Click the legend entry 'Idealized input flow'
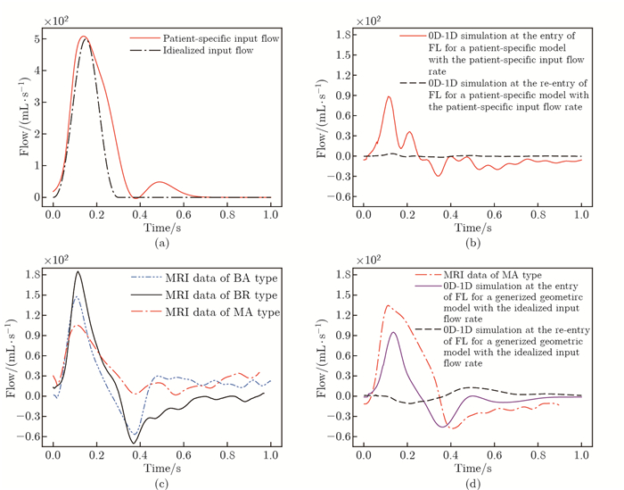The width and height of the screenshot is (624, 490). point(207,53)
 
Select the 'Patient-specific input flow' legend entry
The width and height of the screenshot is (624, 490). point(217,38)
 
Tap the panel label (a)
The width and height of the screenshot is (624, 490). point(161,242)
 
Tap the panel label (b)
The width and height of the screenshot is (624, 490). point(472,242)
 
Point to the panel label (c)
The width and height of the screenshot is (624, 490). point(161,483)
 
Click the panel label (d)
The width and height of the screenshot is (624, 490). point(472,483)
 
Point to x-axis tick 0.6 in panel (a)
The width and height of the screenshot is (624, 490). point(183,215)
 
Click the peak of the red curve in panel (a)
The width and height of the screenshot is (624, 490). point(83,37)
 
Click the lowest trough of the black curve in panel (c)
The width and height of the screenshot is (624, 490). point(135,443)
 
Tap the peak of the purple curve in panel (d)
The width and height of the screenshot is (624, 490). point(393,332)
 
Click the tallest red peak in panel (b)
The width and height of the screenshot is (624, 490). point(389,96)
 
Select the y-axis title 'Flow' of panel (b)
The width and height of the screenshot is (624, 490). point(323,116)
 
